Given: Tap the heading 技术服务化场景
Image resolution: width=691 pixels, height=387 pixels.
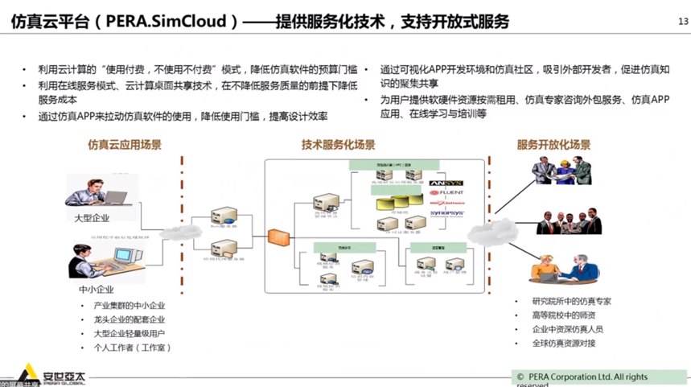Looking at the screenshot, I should pos(338,145).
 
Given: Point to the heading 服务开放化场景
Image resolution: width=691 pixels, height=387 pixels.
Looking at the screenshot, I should pos(553,146).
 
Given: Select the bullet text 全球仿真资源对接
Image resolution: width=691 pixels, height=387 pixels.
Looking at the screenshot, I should pos(562,344).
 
